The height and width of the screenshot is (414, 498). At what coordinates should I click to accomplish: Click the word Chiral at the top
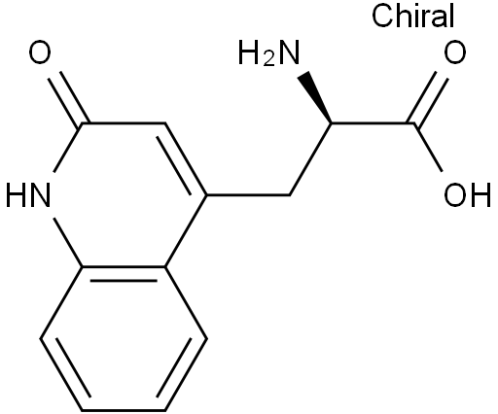(412, 16)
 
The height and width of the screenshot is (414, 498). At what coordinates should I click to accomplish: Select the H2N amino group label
(268, 53)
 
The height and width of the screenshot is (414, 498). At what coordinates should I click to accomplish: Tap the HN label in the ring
(28, 194)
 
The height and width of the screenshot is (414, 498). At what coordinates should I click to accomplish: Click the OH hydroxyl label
(467, 194)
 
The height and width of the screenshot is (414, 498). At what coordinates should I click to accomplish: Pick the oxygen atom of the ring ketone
(40, 52)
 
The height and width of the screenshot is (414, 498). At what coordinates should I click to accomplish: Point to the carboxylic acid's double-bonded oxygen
(455, 52)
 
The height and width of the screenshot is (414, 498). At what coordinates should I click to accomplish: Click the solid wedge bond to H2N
(315, 97)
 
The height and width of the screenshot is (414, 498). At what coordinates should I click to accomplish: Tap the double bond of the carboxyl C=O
(428, 99)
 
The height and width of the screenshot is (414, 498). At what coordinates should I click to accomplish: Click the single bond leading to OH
(428, 148)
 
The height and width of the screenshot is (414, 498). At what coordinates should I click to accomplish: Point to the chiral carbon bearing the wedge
(332, 123)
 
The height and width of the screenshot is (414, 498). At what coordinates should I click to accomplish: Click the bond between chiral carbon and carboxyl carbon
(373, 123)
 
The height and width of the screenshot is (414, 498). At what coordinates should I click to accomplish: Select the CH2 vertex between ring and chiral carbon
(290, 195)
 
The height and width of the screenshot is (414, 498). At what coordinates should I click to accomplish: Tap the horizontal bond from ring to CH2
(248, 195)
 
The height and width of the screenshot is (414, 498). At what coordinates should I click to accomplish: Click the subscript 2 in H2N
(268, 60)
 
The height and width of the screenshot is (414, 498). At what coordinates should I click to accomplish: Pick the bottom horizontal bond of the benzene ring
(124, 410)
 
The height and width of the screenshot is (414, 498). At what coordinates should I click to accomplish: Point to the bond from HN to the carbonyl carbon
(67, 148)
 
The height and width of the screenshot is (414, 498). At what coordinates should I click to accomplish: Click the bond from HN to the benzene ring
(67, 243)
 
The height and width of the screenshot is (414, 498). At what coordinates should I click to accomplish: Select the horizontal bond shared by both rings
(124, 267)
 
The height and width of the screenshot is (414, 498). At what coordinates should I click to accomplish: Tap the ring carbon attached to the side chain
(206, 195)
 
